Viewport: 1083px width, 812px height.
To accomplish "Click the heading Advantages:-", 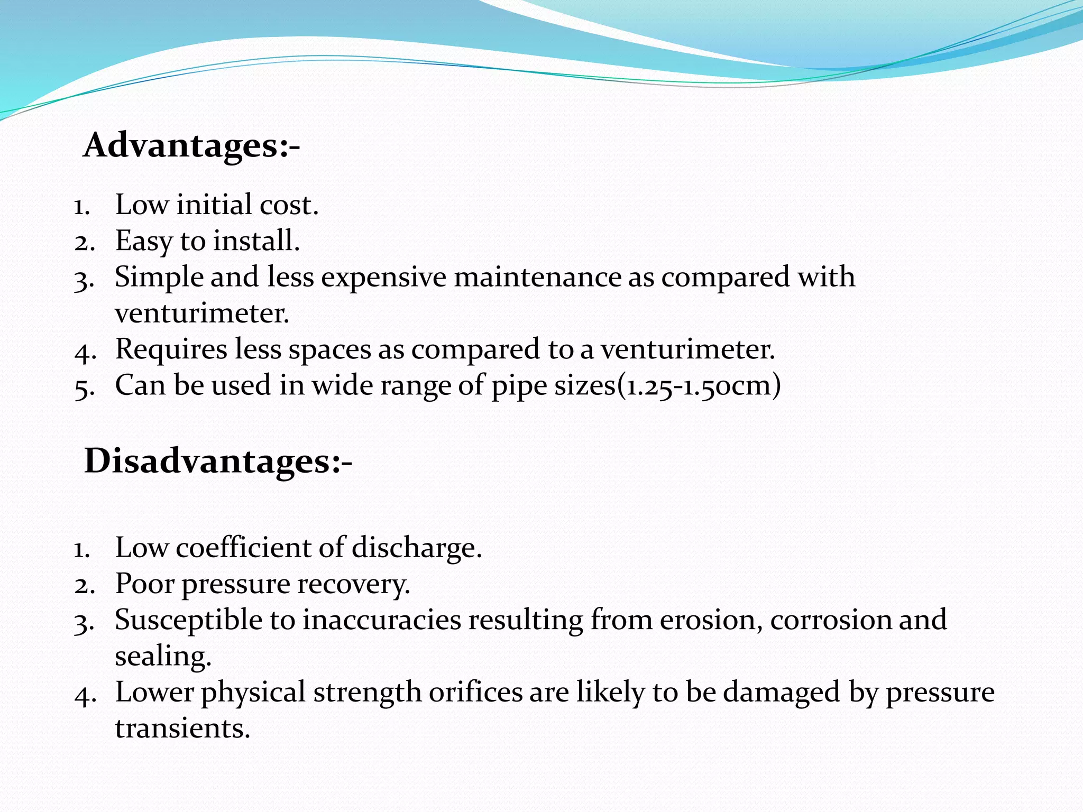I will [x=191, y=145].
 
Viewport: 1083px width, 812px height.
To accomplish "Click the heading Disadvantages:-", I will [x=218, y=461].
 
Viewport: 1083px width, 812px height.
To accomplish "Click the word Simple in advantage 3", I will [x=159, y=278].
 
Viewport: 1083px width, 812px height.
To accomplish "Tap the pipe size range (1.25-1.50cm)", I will [x=699, y=385].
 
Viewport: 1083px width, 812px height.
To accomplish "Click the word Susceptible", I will [x=188, y=621].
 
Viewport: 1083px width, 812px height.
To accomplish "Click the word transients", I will [x=182, y=728].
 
